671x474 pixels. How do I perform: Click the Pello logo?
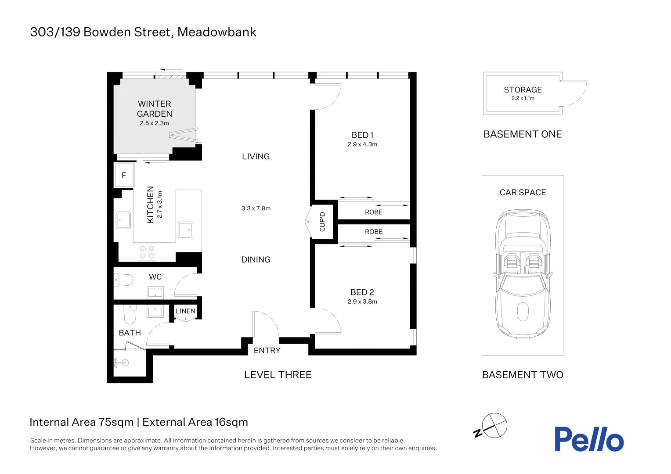click(x=588, y=439)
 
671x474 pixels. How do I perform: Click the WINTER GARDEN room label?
click(x=154, y=109)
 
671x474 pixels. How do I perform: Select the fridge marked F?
click(x=124, y=175)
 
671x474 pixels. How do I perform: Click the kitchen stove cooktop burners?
click(x=147, y=252)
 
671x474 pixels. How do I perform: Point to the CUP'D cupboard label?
click(x=322, y=222)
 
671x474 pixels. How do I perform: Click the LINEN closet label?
click(x=185, y=311)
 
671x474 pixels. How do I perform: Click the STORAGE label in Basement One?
click(x=523, y=90)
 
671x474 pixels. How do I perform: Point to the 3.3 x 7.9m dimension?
click(x=256, y=208)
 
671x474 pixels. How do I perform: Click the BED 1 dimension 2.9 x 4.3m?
click(x=362, y=144)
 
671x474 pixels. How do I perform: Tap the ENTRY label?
click(x=267, y=350)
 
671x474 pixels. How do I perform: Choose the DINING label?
click(x=256, y=259)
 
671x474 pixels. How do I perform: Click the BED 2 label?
click(x=362, y=292)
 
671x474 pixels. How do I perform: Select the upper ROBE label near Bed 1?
click(x=373, y=212)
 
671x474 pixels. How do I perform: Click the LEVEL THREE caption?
click(x=278, y=375)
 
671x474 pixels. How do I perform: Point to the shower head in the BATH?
click(x=122, y=363)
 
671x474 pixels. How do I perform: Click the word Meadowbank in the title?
click(x=216, y=32)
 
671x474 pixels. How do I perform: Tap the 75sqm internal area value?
click(x=116, y=422)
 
